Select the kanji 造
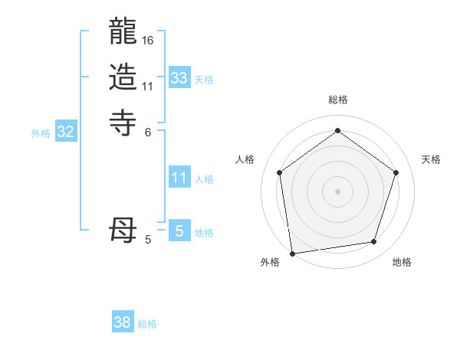[x=123, y=77]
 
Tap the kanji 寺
[x=123, y=121]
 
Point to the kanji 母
[x=123, y=230]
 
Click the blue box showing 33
[x=179, y=77]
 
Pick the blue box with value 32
[x=66, y=132]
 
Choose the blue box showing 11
[x=179, y=178]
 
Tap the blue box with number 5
[x=179, y=231]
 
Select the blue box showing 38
[x=123, y=322]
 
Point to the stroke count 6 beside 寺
[x=148, y=131]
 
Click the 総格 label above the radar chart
[x=338, y=100]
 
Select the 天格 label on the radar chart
[x=432, y=159]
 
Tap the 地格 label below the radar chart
[x=402, y=262]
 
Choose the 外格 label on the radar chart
[x=270, y=262]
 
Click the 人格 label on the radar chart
[x=245, y=159]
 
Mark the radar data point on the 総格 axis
[x=337, y=131]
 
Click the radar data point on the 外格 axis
[x=292, y=253]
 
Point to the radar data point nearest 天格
[x=396, y=172]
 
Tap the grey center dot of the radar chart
[x=337, y=191]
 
